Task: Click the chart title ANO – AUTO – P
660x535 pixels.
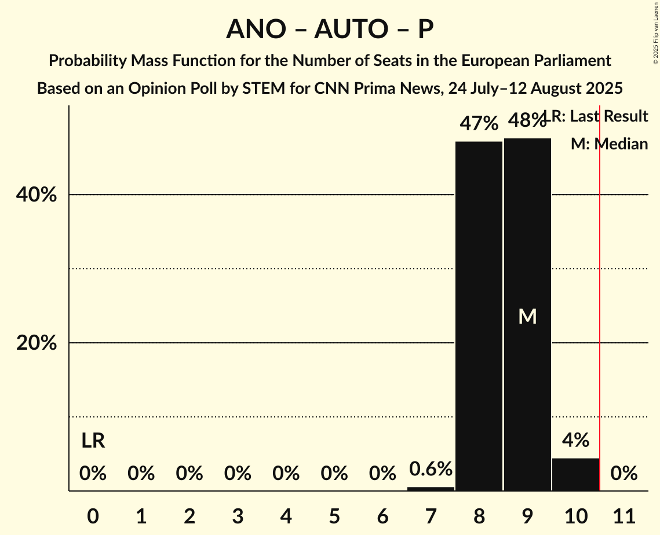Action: (x=330, y=29)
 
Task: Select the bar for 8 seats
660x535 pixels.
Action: (x=479, y=316)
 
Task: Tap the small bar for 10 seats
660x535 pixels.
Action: (x=575, y=474)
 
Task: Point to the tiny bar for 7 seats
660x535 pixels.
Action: (x=431, y=489)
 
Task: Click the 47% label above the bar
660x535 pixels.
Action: (x=479, y=123)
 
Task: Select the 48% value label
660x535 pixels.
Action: (x=526, y=120)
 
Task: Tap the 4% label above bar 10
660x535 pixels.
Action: (x=575, y=440)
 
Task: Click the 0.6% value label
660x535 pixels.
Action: (x=431, y=469)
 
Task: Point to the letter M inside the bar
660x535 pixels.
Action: (x=527, y=316)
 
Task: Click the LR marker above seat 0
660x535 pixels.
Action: (x=93, y=441)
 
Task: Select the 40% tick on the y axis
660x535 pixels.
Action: (x=37, y=195)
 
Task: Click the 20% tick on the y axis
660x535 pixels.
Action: (x=37, y=343)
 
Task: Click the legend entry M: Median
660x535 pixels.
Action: (x=609, y=144)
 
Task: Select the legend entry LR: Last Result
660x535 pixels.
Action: (x=597, y=116)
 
